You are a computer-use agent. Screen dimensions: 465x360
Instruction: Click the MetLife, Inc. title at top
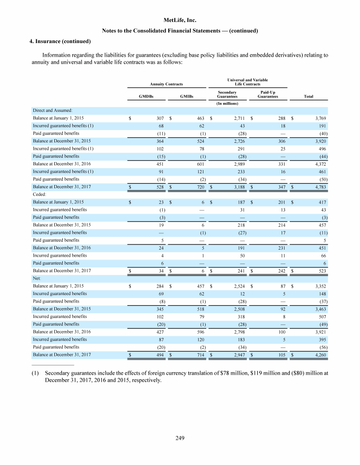tap(180, 21)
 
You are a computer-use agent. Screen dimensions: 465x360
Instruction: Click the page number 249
tap(180, 438)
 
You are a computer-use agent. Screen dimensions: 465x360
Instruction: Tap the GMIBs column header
tap(187, 96)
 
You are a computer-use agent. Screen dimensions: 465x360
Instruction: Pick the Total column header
tap(308, 96)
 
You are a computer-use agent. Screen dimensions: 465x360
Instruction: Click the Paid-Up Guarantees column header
tap(268, 94)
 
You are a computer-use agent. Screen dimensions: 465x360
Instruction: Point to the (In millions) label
tap(227, 103)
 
